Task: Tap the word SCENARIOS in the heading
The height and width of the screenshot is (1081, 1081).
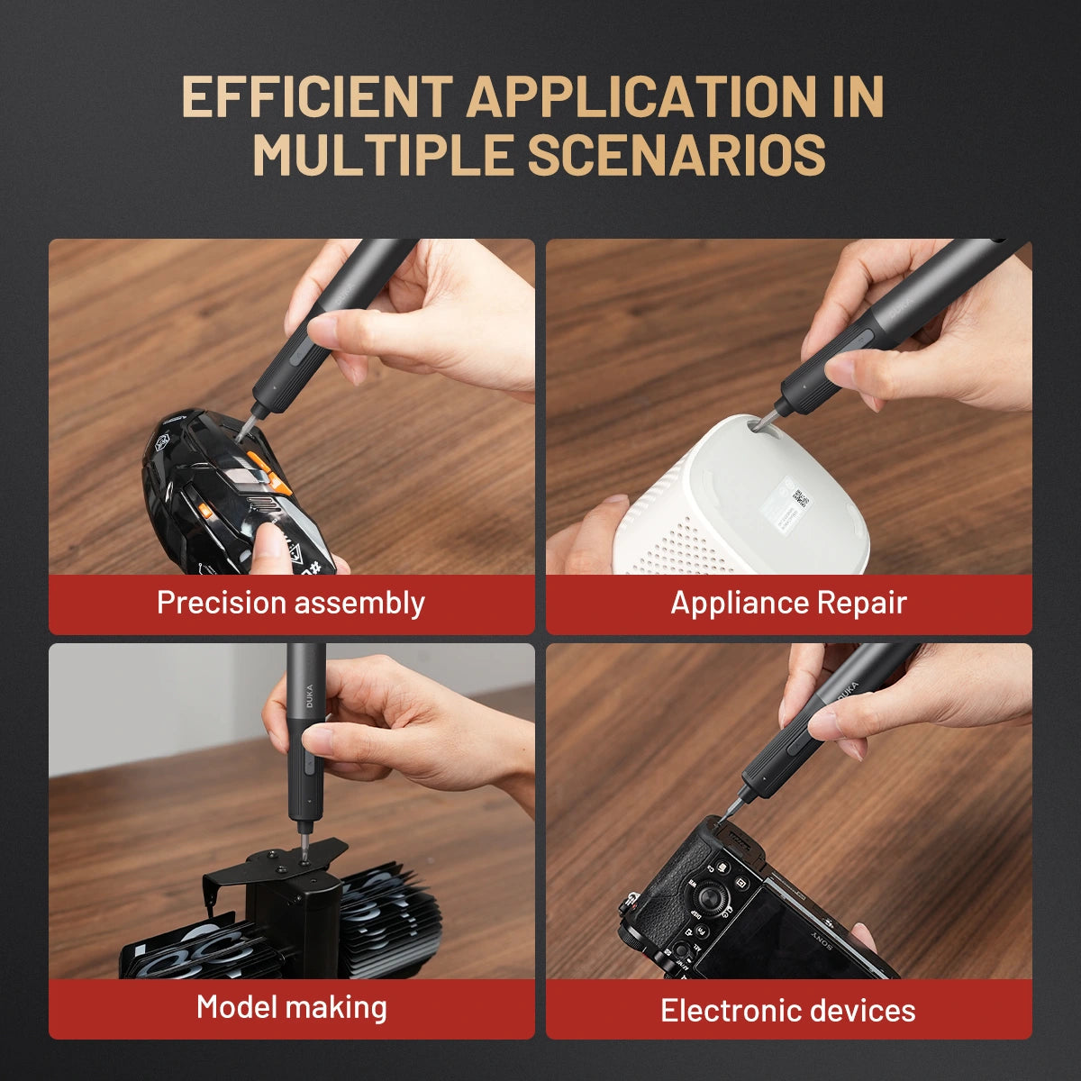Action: click(x=676, y=155)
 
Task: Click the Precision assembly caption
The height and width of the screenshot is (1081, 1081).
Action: click(x=290, y=603)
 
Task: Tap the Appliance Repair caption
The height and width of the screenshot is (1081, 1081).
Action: click(x=788, y=603)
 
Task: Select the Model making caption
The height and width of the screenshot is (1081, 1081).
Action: click(x=291, y=1006)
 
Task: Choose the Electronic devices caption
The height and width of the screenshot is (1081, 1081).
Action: click(x=788, y=1010)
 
